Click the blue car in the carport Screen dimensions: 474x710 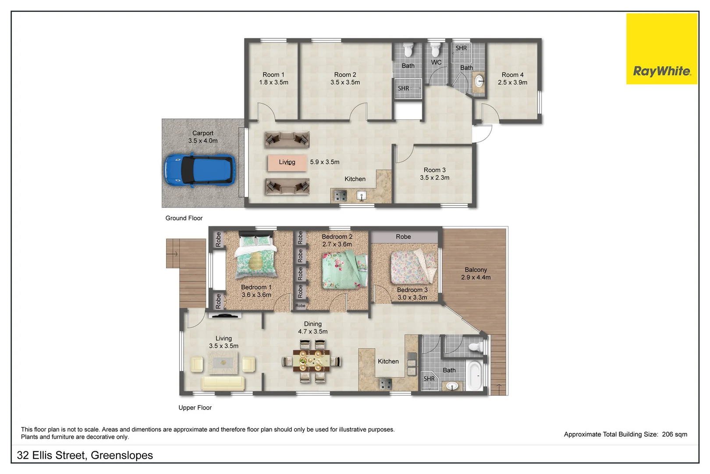click(x=199, y=170)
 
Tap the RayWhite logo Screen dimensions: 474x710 click(x=661, y=71)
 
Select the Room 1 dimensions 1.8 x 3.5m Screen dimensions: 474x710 click(x=273, y=83)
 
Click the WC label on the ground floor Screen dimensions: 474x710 click(x=436, y=62)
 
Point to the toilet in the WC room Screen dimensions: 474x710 click(x=435, y=50)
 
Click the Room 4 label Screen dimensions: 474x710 click(x=512, y=75)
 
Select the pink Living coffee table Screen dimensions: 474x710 click(x=287, y=162)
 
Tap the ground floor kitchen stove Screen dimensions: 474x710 click(x=340, y=196)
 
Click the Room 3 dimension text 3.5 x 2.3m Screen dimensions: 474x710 click(x=434, y=178)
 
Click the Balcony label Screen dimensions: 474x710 click(x=476, y=270)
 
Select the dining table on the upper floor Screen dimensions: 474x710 click(x=315, y=361)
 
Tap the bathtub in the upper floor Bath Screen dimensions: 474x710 click(x=475, y=375)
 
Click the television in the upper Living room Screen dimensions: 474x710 click(x=224, y=315)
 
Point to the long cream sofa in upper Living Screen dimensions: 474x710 click(x=223, y=383)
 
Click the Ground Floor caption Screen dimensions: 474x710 click(x=184, y=218)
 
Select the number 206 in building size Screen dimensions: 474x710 click(x=667, y=434)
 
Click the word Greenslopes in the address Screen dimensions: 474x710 click(x=122, y=456)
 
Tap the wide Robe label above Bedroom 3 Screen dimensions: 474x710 click(x=403, y=237)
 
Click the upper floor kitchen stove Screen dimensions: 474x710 click(x=385, y=384)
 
